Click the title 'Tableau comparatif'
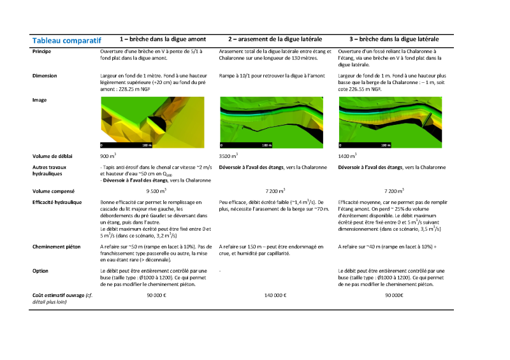(x=66, y=40)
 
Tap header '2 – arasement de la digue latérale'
(x=275, y=39)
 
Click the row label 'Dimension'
(x=45, y=75)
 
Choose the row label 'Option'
(x=41, y=270)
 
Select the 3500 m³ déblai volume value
(x=228, y=155)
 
